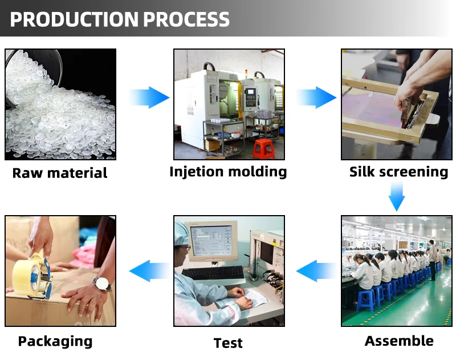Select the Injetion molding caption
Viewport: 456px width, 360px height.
pyautogui.click(x=228, y=172)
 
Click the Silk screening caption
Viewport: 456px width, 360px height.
pyautogui.click(x=398, y=172)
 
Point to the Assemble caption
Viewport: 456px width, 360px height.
pyautogui.click(x=399, y=341)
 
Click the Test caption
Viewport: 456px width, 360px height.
pyautogui.click(x=228, y=343)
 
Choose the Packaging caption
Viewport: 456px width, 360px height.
pyautogui.click(x=55, y=341)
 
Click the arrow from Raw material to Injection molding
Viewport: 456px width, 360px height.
pyautogui.click(x=149, y=97)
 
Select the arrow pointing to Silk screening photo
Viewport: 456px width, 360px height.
pyautogui.click(x=316, y=97)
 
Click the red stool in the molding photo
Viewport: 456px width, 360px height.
pyautogui.click(x=263, y=148)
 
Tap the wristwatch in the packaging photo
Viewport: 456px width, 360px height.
pyautogui.click(x=101, y=283)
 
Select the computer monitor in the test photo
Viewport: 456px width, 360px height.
pyautogui.click(x=213, y=240)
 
